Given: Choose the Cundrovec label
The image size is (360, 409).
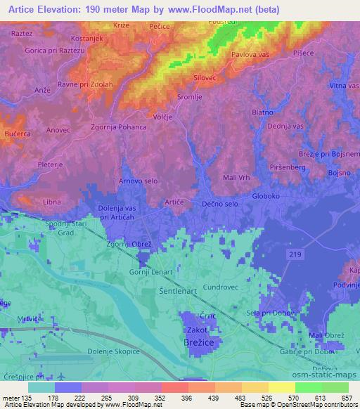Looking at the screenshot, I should click(x=221, y=287).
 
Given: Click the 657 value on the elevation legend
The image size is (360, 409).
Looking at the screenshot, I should click(x=347, y=398).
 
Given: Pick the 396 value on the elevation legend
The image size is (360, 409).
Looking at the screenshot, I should click(x=187, y=398).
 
